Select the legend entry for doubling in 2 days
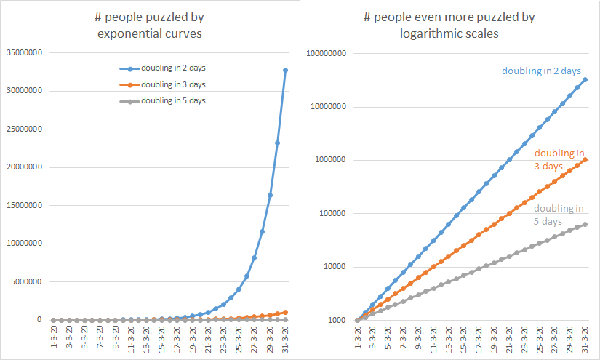[x=167, y=68]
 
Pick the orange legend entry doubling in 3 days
[x=167, y=84]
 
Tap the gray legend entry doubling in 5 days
[x=167, y=100]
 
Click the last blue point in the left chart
[x=285, y=71]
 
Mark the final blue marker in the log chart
[x=585, y=80]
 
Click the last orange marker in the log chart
[x=585, y=160]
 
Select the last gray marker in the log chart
[x=585, y=224]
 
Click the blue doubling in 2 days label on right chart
[x=541, y=71]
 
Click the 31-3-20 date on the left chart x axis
[x=286, y=336]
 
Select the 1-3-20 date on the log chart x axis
[x=357, y=336]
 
